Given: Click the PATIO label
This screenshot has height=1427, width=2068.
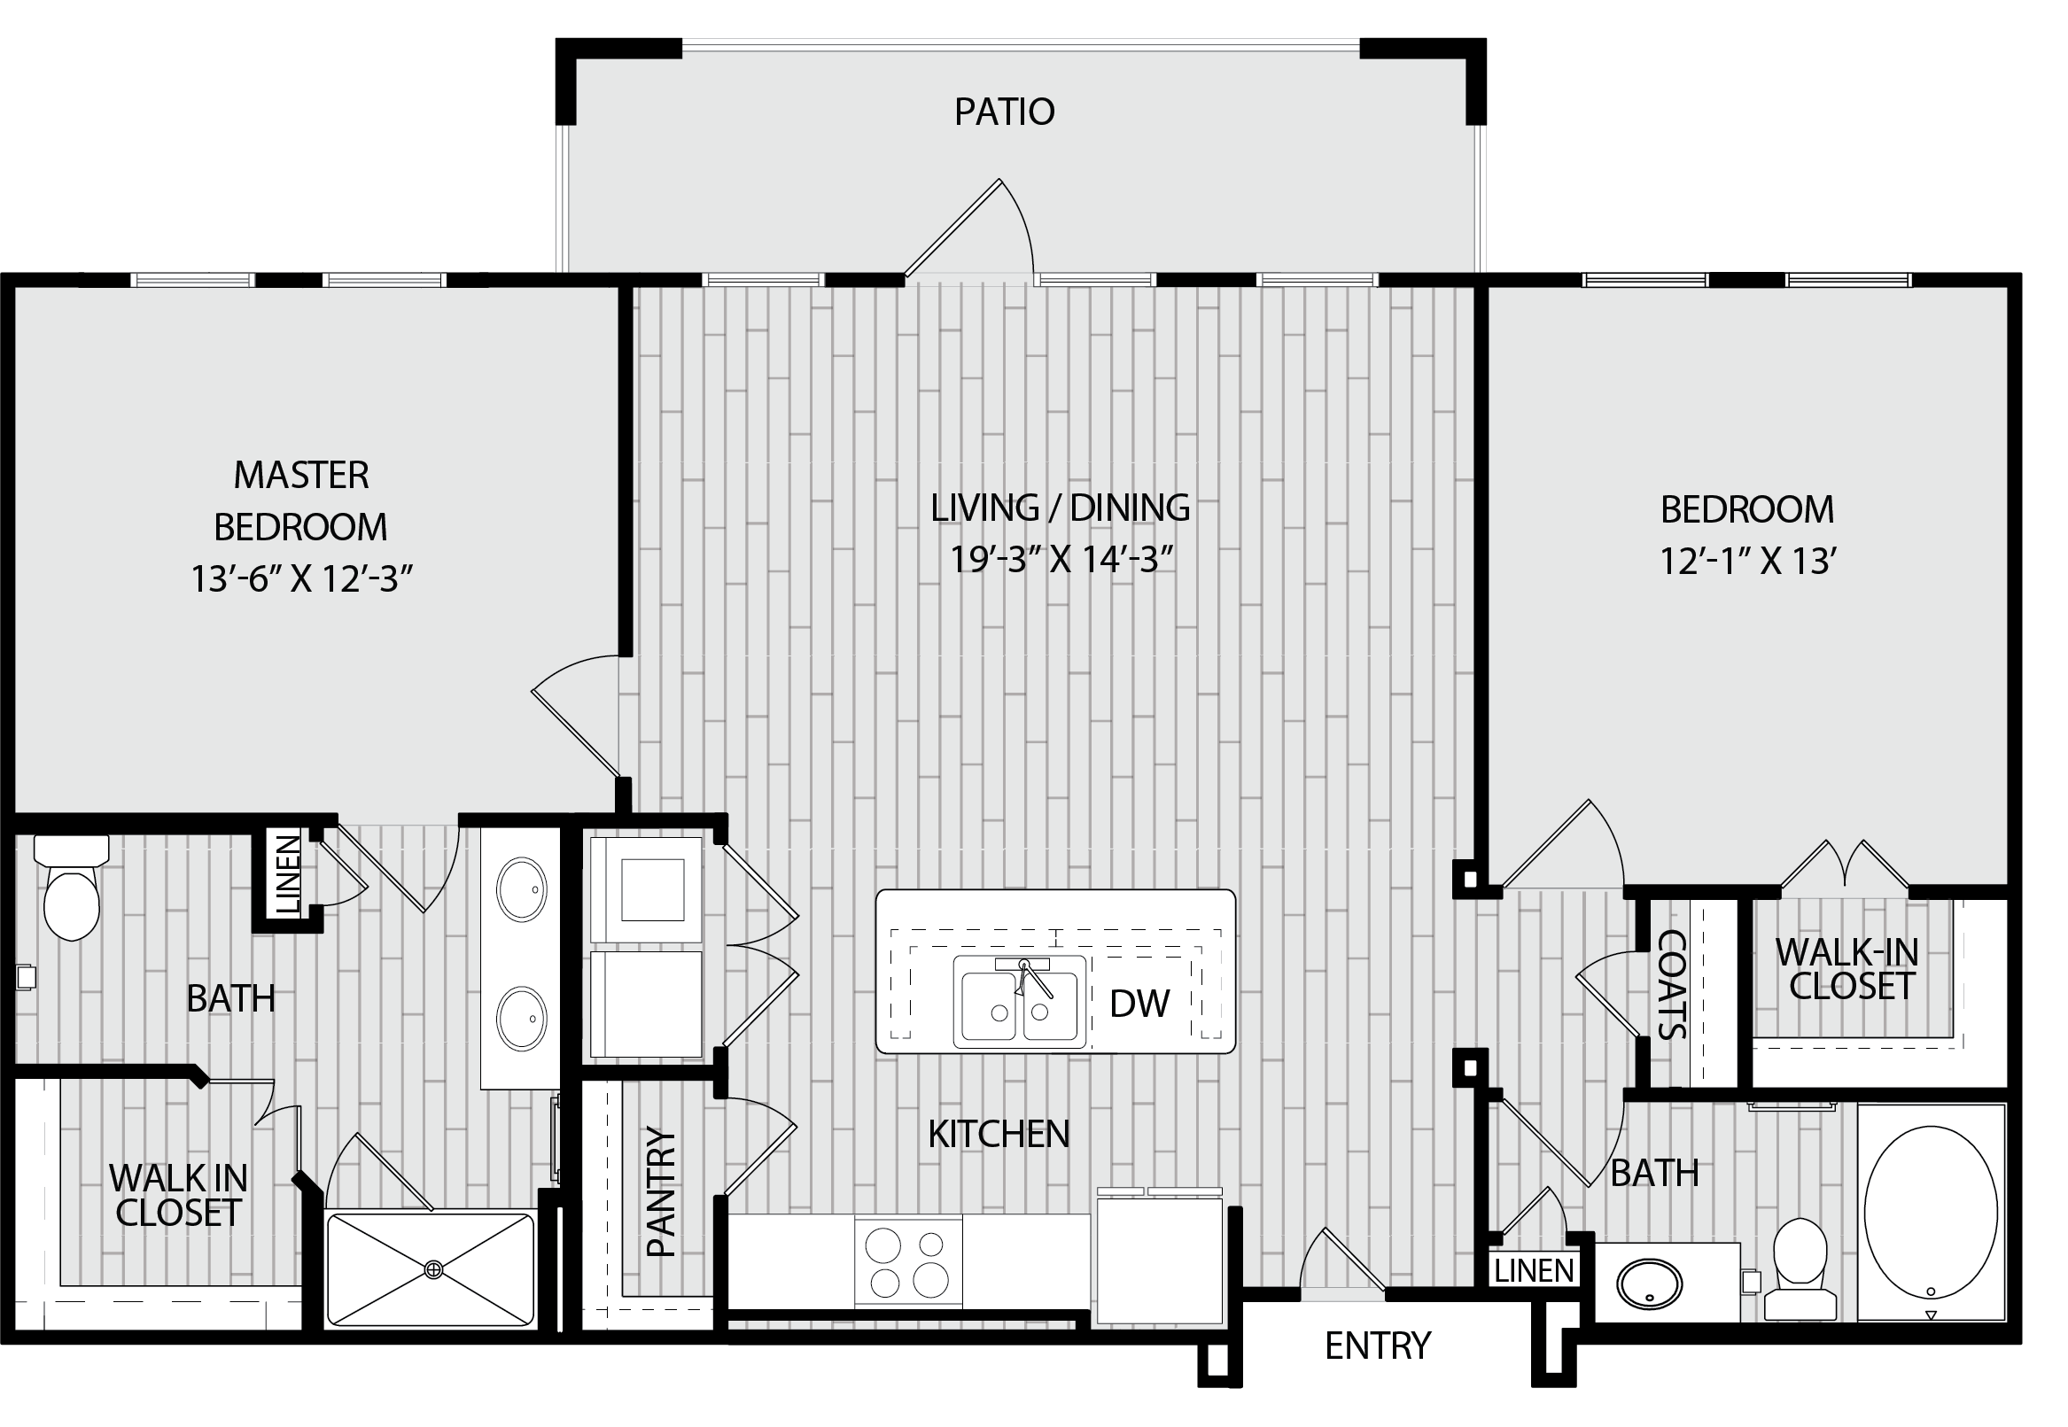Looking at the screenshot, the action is [x=1005, y=112].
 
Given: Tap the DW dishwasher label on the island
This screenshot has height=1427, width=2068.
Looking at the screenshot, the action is [x=1139, y=1004].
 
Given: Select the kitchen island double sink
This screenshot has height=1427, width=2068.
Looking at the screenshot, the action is [x=1020, y=1002].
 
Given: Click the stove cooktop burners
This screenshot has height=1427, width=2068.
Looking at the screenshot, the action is [x=908, y=1262].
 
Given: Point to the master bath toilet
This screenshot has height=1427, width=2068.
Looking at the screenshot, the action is [x=72, y=887].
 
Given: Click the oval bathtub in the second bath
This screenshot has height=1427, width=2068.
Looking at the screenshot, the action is [x=1932, y=1213].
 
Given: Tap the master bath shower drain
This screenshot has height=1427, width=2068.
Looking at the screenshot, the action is [x=434, y=1268].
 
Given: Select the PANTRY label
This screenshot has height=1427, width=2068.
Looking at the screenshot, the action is [x=661, y=1192].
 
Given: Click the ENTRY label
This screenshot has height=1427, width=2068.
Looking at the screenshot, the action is [x=1378, y=1346].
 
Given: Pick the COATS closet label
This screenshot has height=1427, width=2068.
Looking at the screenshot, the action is [x=1672, y=985].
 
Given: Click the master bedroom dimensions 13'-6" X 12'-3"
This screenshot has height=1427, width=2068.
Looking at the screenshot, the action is [x=301, y=578].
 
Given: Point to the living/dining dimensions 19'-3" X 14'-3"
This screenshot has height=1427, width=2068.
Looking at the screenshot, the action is [x=1061, y=559].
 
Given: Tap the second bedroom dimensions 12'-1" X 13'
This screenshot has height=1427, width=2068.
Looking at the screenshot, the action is [x=1748, y=562].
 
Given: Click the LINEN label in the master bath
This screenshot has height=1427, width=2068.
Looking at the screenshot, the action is [x=288, y=875].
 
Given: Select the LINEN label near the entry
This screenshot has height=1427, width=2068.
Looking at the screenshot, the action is [x=1534, y=1270].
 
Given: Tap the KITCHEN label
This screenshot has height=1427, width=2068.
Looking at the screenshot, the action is [x=999, y=1135].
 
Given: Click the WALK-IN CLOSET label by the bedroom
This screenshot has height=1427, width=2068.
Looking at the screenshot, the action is [x=1847, y=969].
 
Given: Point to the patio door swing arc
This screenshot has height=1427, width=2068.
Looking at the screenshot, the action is [x=1022, y=219].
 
